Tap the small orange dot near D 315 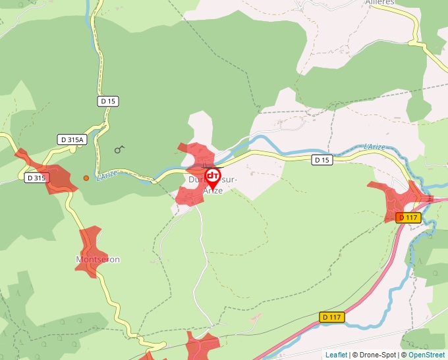click(86, 178)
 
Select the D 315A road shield click(72, 140)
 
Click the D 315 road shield click(36, 178)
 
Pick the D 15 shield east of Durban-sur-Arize click(321, 160)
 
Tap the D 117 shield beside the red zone click(408, 217)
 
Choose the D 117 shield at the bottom click(333, 317)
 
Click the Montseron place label click(98, 259)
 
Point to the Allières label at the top click(379, 3)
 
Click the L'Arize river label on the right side click(374, 147)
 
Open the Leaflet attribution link click(336, 355)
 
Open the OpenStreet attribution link click(427, 355)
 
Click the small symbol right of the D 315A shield click(119, 149)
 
